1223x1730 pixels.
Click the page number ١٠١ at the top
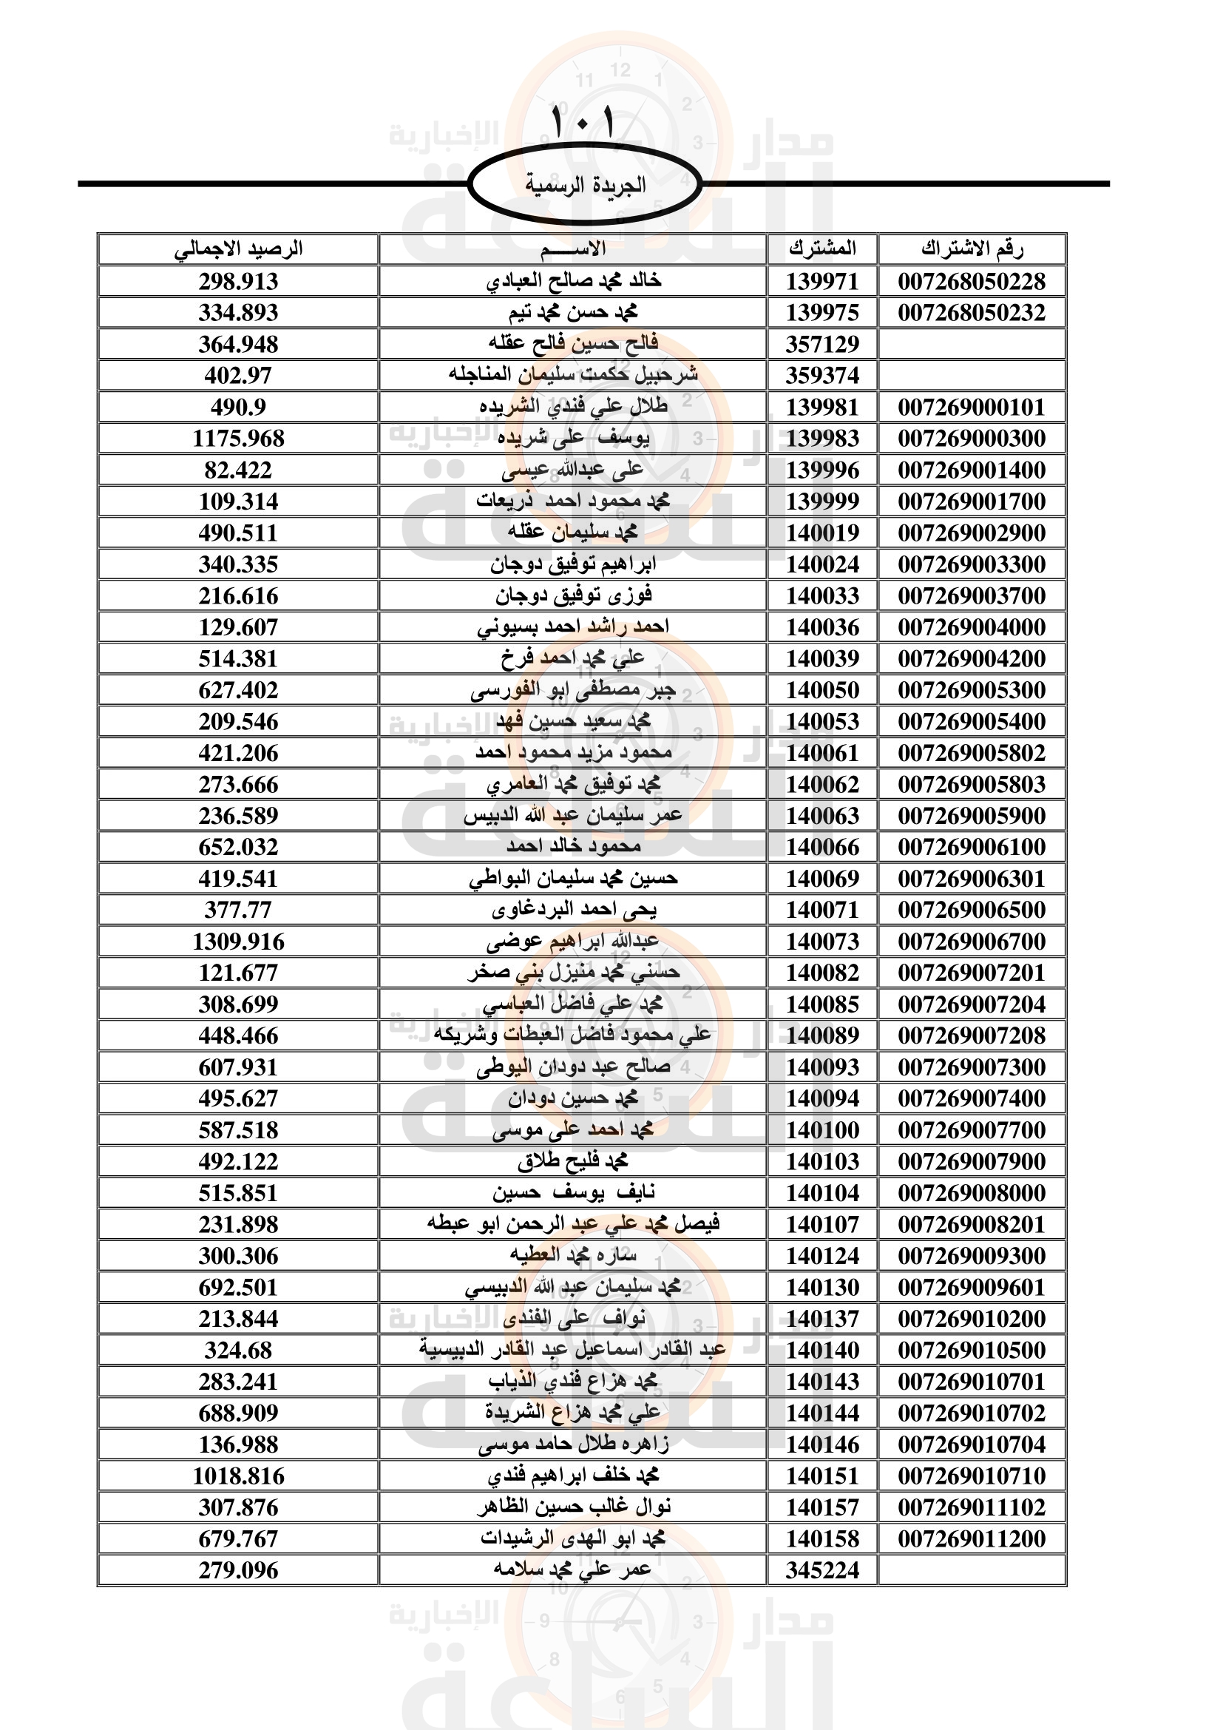[583, 122]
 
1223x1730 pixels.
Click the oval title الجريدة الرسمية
[584, 185]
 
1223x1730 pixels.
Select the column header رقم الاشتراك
[972, 249]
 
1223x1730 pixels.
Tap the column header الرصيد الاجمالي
[238, 249]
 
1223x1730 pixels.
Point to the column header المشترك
[822, 249]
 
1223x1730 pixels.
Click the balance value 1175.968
[238, 439]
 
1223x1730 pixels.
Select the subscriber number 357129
[822, 345]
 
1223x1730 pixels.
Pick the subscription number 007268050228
[972, 282]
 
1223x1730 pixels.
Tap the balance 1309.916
[238, 942]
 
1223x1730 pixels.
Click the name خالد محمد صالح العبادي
[573, 281]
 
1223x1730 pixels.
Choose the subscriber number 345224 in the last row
[822, 1570]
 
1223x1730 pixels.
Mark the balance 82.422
[238, 470]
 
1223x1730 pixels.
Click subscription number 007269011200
[972, 1538]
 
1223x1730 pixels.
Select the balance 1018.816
[238, 1476]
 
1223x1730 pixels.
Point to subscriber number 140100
[822, 1130]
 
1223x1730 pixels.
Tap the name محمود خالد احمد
[573, 847]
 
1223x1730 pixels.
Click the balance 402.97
[238, 375]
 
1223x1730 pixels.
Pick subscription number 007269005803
[972, 784]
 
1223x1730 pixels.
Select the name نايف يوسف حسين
[573, 1193]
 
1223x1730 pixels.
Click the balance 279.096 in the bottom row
[238, 1570]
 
